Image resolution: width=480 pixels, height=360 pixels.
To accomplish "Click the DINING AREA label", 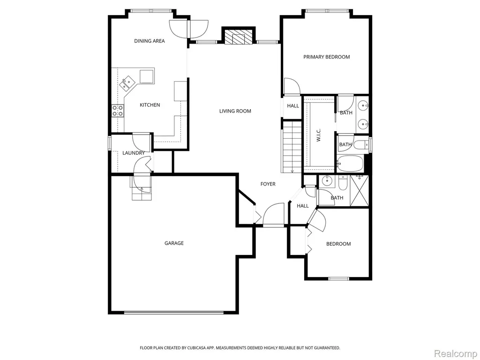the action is tap(150, 41).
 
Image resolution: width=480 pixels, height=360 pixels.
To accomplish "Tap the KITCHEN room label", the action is tap(150, 105).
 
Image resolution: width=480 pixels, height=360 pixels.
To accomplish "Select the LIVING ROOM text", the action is tap(235, 111).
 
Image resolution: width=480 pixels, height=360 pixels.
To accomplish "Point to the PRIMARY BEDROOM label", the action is tap(326, 57).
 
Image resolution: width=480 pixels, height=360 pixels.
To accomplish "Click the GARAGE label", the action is tap(174, 243).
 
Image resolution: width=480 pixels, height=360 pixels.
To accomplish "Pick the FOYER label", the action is tap(268, 184).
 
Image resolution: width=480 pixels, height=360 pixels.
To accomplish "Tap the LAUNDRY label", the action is tap(134, 153).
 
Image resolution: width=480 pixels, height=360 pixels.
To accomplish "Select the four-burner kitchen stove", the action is tap(118, 111).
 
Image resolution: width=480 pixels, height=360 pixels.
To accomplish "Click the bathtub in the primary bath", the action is tap(350, 164).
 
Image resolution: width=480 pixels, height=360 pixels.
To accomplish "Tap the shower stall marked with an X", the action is tap(359, 190).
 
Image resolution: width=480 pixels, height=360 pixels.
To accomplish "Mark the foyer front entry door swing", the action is tap(273, 215).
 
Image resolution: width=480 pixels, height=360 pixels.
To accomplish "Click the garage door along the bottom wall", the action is tap(174, 313).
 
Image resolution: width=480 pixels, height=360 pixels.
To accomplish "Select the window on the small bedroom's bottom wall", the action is tap(338, 278).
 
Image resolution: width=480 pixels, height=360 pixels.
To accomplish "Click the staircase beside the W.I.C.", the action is tap(292, 147).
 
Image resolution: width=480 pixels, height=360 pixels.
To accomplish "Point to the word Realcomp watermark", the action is tap(456, 354).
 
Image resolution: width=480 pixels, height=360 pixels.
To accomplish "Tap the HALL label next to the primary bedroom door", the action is tap(293, 106).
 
